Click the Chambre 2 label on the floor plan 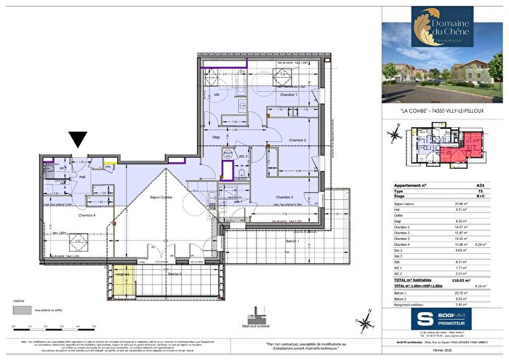(x=297, y=140)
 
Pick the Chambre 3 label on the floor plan (x=284, y=197)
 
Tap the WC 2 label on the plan (x=244, y=157)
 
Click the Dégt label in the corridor (x=216, y=136)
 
